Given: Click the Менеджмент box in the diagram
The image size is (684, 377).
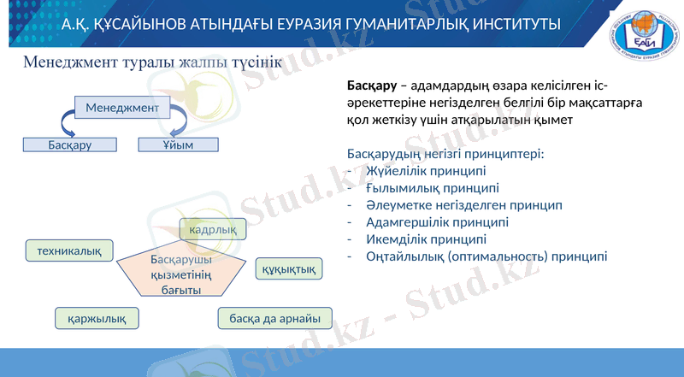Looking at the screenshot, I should click(x=122, y=108).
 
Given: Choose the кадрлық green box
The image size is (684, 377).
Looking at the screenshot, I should click(x=212, y=229).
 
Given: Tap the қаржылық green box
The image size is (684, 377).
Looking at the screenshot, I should click(x=97, y=319).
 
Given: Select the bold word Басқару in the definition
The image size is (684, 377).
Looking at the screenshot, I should click(x=371, y=86).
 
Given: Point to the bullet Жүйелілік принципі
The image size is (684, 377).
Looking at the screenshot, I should click(x=420, y=171).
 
